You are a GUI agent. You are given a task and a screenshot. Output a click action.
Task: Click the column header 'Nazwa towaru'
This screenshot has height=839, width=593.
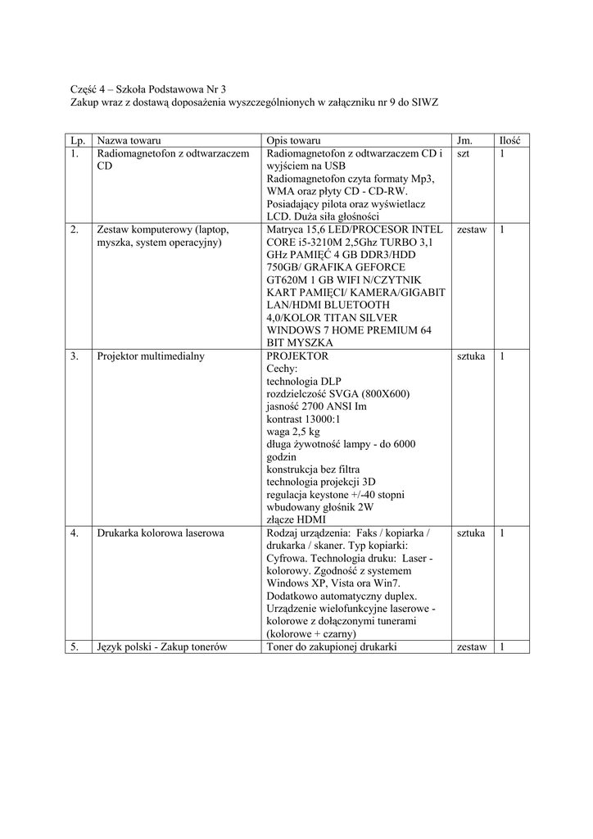129,140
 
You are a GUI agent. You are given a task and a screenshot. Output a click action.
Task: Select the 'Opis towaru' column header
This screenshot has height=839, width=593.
294,140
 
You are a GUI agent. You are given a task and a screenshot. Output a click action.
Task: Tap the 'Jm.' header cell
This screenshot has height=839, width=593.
464,140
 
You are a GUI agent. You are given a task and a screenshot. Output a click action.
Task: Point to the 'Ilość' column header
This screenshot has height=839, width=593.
511,140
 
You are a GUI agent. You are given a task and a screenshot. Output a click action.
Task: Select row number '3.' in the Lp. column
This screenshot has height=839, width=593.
75,356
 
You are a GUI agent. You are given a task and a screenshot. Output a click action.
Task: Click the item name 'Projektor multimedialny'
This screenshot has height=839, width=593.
151,356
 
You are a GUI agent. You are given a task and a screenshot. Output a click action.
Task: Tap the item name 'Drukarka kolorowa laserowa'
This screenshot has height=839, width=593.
161,533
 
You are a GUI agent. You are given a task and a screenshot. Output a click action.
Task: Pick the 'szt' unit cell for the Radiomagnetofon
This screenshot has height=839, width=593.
464,153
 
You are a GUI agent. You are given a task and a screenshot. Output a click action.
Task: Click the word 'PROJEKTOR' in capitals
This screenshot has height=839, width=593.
297,356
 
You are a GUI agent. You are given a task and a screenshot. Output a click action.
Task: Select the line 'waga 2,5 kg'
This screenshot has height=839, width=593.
293,432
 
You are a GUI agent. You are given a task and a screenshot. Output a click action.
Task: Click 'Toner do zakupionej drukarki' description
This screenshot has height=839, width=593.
332,647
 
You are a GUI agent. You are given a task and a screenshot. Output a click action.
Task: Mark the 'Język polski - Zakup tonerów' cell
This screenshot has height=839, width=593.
161,647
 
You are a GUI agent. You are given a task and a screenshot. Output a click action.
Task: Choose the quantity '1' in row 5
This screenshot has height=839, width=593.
502,647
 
